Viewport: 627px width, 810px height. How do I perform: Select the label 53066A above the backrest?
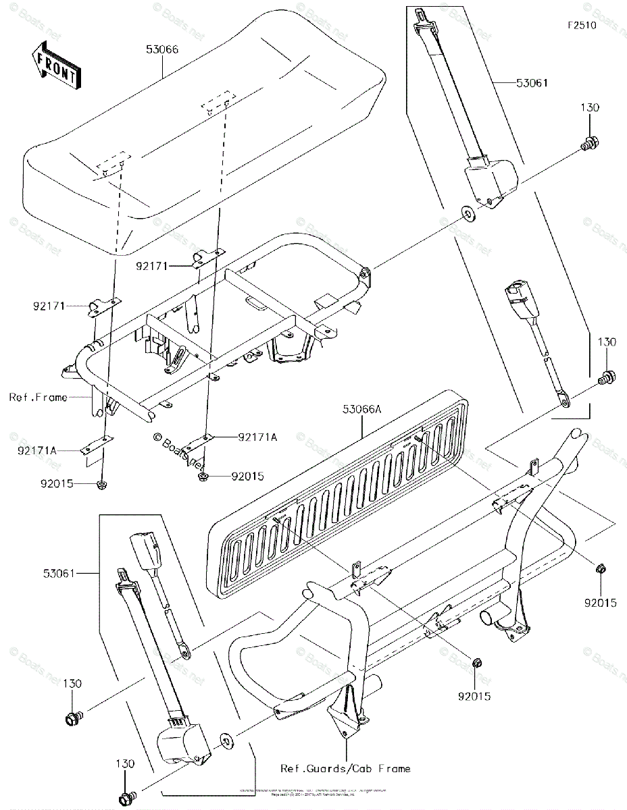click(x=361, y=408)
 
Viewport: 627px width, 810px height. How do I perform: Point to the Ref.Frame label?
click(x=38, y=398)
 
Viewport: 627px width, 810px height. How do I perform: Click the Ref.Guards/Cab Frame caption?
click(x=346, y=768)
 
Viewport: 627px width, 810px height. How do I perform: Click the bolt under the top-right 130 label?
click(x=589, y=143)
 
